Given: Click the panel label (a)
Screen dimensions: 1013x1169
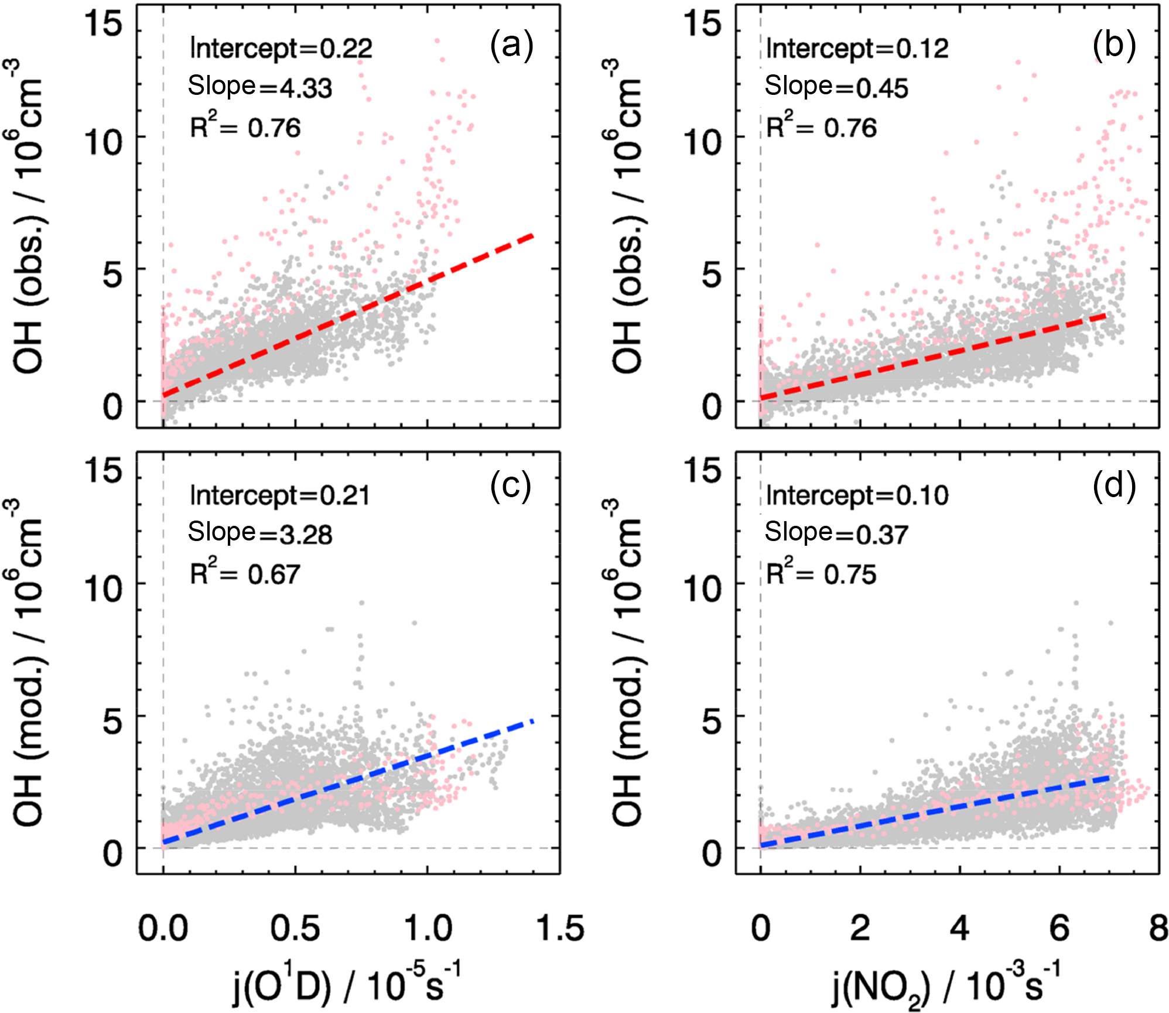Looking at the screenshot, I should [511, 46].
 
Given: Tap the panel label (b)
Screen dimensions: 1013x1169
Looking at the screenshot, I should [1113, 46].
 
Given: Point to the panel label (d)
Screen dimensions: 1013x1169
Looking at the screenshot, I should [1113, 486].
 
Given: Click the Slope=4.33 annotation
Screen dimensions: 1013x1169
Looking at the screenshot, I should [260, 87].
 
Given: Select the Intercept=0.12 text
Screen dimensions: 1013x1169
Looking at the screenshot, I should [857, 49].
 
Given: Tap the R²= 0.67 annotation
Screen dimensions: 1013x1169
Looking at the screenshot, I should [245, 573].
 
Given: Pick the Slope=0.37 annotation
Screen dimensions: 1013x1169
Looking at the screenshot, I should [836, 533].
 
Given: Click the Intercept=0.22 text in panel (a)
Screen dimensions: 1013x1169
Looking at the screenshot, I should [281, 49].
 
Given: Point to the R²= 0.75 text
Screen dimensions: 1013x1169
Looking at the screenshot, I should [821, 573].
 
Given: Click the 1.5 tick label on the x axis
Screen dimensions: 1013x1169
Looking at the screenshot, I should [559, 929].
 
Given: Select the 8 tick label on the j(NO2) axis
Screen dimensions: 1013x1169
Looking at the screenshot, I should [1158, 929].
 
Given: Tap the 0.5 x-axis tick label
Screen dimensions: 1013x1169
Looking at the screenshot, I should [295, 929].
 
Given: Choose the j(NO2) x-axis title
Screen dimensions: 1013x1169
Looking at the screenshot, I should [946, 986].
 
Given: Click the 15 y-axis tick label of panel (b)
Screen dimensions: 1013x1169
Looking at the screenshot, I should [703, 24].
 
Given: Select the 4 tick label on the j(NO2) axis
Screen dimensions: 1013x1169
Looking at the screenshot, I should [959, 929].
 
